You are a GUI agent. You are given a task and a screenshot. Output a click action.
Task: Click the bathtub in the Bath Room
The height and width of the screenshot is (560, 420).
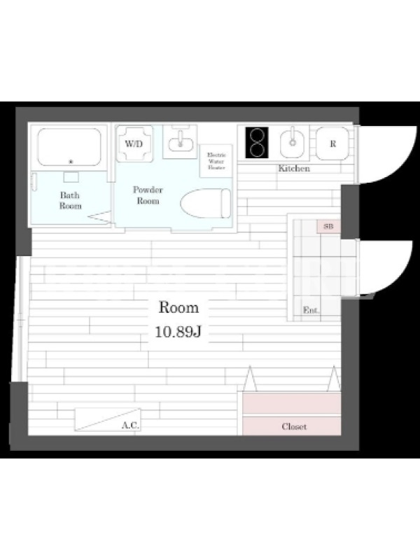tap(69, 147)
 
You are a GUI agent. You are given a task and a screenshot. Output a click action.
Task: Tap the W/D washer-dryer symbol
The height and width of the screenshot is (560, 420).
tap(134, 143)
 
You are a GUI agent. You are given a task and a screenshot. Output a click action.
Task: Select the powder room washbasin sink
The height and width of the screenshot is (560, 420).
tap(181, 142)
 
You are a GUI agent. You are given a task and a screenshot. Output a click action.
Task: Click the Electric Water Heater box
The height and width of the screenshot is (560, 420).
tap(216, 161)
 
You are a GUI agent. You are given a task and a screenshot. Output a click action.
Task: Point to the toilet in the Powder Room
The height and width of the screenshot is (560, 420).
tap(206, 203)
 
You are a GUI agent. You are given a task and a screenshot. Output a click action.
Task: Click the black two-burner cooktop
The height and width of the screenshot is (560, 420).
tap(257, 143)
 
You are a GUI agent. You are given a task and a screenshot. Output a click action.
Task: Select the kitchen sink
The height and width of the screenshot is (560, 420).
tap(293, 143)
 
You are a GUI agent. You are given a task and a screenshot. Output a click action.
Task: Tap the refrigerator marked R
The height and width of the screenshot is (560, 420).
tap(332, 143)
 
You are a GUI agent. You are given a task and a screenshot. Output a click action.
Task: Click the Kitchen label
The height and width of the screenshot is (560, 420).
tap(294, 168)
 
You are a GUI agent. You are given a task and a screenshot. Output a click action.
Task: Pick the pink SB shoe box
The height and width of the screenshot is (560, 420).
tap(328, 226)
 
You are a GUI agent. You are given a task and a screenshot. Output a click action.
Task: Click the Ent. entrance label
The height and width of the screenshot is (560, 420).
tap(311, 310)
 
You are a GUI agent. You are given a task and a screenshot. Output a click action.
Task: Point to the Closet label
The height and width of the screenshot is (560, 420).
tap(294, 426)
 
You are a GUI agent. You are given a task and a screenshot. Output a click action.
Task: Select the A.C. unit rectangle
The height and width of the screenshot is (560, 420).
tap(108, 419)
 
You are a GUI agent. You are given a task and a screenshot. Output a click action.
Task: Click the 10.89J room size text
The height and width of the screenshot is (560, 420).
tap(178, 332)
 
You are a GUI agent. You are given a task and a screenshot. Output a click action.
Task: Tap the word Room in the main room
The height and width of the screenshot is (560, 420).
tap(178, 307)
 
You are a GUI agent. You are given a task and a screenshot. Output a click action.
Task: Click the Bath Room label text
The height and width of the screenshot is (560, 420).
tap(70, 200)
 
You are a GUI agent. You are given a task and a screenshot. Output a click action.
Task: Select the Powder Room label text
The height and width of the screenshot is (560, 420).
tap(148, 195)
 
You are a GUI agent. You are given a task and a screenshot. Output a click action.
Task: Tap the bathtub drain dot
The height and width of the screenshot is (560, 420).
tap(71, 162)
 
